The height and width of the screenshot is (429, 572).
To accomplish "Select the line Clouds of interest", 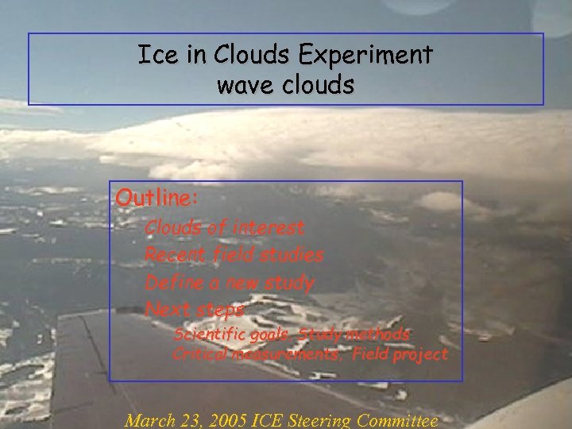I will point(225,228).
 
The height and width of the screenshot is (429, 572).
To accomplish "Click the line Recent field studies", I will point(234,255).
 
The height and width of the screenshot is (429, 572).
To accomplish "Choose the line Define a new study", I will point(230,282).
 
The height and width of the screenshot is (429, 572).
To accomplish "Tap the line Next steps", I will point(195,309).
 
